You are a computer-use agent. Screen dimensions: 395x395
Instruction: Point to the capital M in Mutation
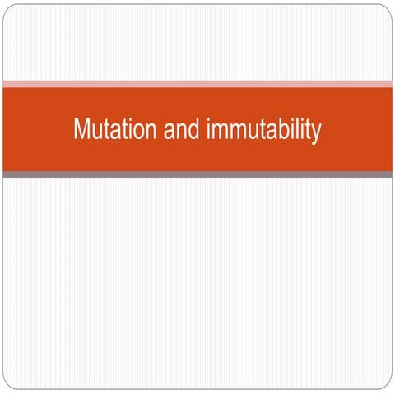tap(80, 131)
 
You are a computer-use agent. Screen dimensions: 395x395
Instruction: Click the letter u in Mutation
tap(93, 132)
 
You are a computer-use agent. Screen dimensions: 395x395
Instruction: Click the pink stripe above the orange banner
tap(197, 84)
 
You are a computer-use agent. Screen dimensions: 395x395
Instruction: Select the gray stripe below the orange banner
tap(197, 174)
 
